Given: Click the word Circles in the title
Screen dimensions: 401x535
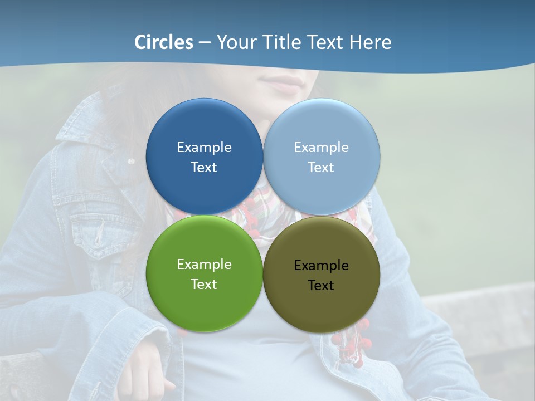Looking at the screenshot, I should pyautogui.click(x=164, y=42).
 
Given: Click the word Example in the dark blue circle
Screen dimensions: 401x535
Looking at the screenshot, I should pyautogui.click(x=204, y=147).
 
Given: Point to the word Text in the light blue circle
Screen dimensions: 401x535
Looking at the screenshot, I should pyautogui.click(x=321, y=167).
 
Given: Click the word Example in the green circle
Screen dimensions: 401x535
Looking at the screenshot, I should pyautogui.click(x=204, y=264).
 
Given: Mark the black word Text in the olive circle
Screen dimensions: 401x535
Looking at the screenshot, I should pyautogui.click(x=321, y=285).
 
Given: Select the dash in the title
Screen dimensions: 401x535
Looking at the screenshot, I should pyautogui.click(x=205, y=42).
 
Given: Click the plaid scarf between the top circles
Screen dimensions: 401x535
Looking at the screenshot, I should pyautogui.click(x=263, y=206).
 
